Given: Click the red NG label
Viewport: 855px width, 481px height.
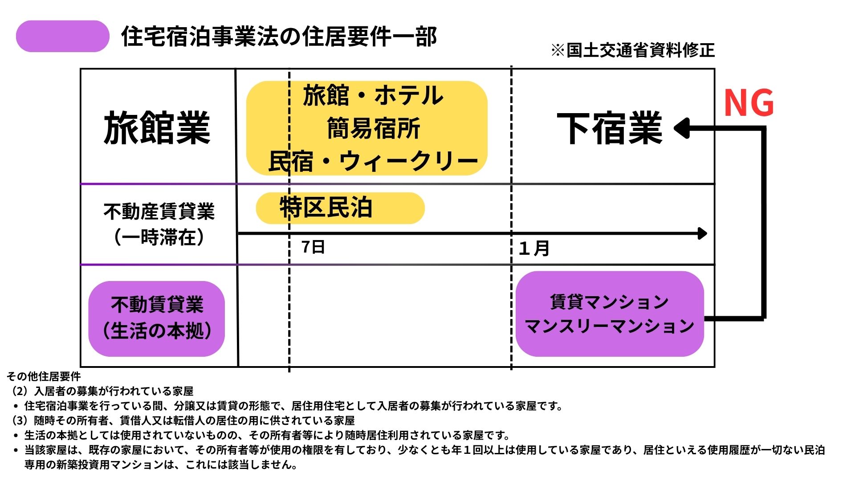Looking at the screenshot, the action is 749,103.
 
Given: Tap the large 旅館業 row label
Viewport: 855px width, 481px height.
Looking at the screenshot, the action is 157,128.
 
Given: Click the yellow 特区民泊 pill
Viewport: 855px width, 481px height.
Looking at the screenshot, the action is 340,208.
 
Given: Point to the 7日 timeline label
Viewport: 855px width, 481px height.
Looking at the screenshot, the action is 313,247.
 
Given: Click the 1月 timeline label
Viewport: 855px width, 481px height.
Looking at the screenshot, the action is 534,248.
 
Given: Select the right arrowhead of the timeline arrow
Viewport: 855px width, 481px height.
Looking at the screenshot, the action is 703,233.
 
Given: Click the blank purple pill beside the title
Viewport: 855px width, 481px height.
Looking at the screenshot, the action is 63,36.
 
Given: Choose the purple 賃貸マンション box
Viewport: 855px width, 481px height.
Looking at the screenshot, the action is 610,314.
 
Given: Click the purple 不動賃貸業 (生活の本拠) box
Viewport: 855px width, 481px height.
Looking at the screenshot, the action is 157,319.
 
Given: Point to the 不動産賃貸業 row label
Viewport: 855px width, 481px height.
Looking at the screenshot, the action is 159,212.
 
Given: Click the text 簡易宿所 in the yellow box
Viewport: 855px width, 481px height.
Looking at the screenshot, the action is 374,129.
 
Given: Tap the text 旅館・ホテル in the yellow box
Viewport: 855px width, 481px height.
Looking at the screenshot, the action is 373,96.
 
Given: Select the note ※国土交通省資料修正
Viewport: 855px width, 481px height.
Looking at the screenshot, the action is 633,50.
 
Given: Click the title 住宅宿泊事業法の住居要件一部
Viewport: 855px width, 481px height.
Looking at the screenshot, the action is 279,37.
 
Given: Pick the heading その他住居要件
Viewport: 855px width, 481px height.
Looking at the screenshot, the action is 44,377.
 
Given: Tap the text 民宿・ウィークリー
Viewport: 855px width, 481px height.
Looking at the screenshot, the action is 373,161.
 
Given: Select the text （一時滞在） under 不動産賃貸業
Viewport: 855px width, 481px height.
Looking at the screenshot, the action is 159,237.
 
